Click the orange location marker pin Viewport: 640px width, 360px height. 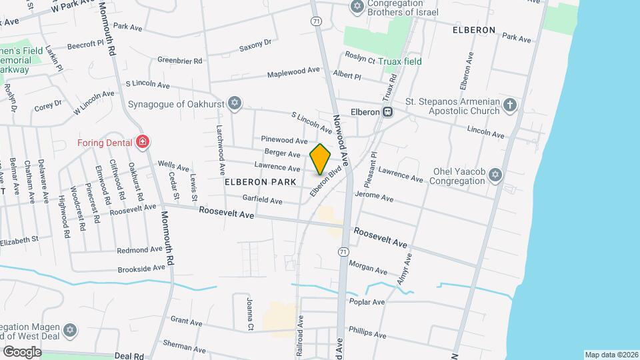pyautogui.click(x=321, y=159)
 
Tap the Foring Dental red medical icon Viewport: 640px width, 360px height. pyautogui.click(x=142, y=141)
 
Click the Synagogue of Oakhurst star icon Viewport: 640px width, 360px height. pyautogui.click(x=233, y=103)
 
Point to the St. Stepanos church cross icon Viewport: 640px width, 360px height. pyautogui.click(x=510, y=104)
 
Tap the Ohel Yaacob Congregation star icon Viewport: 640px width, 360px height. pyautogui.click(x=494, y=175)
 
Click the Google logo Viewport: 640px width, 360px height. pyautogui.click(x=21, y=351)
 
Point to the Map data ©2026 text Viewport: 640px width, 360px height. pyautogui.click(x=611, y=355)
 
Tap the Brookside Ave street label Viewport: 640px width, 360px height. pyautogui.click(x=141, y=268)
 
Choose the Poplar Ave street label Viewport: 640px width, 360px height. pyautogui.click(x=367, y=302)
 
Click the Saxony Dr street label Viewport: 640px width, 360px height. pyautogui.click(x=255, y=46)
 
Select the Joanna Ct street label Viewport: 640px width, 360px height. pyautogui.click(x=251, y=313)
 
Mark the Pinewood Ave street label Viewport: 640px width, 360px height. pyautogui.click(x=284, y=140)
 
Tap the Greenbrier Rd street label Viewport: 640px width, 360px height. pyautogui.click(x=179, y=60)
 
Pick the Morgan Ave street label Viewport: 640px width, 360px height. pyautogui.click(x=367, y=267)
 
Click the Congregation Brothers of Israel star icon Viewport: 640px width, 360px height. pyautogui.click(x=357, y=7)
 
